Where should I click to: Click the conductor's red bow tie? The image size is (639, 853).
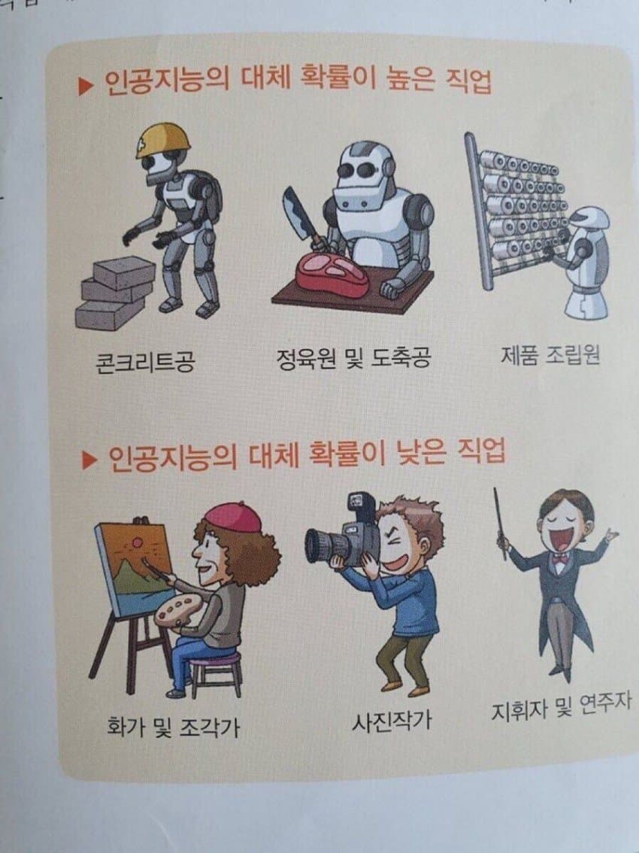(559, 559)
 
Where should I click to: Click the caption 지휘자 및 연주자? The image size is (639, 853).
(560, 708)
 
